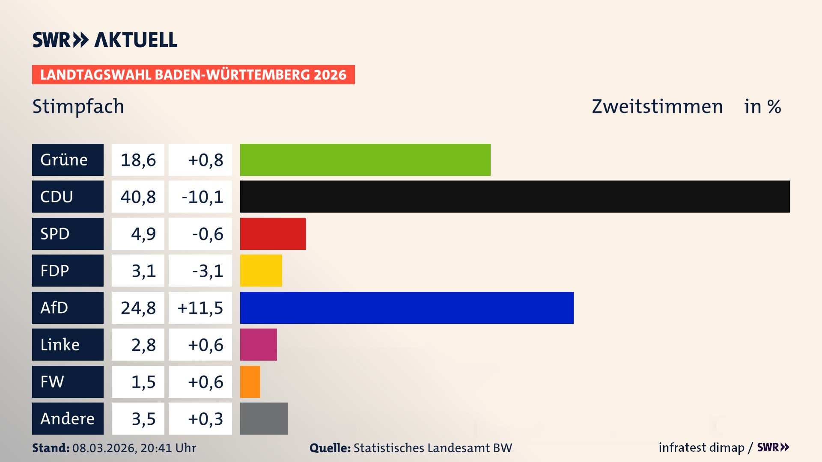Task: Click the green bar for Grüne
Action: pyautogui.click(x=365, y=160)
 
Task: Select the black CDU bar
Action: pyautogui.click(x=515, y=196)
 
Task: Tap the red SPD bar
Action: pyautogui.click(x=273, y=234)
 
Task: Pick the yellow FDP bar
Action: pyautogui.click(x=261, y=270)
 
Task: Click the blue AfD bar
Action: pyautogui.click(x=407, y=308)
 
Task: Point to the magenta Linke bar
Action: pyautogui.click(x=258, y=344)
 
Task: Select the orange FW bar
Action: pyautogui.click(x=250, y=382)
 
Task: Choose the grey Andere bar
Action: pyautogui.click(x=264, y=418)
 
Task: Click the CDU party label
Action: pyautogui.click(x=68, y=196)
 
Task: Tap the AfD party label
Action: pyautogui.click(x=68, y=308)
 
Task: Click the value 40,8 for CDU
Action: pyautogui.click(x=138, y=197)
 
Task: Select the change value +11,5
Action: pyautogui.click(x=200, y=308)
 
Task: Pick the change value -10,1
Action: pyautogui.click(x=202, y=197)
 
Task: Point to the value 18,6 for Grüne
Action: pyautogui.click(x=138, y=160)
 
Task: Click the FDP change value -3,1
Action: pyautogui.click(x=208, y=271)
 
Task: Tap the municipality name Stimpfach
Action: pyautogui.click(x=78, y=107)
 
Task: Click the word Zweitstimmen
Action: pyautogui.click(x=657, y=107)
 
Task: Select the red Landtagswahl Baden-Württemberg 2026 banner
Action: pyautogui.click(x=193, y=74)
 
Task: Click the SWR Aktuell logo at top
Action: pyautogui.click(x=105, y=40)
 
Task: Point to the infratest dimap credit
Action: pyautogui.click(x=701, y=447)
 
